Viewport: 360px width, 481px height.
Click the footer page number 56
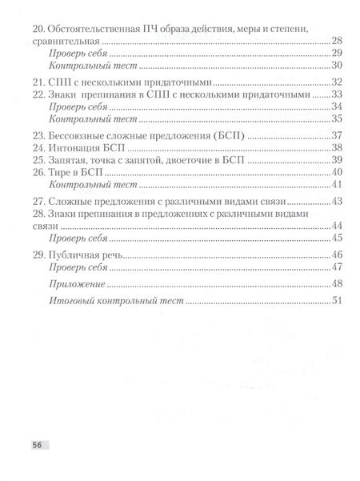pos(38,443)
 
